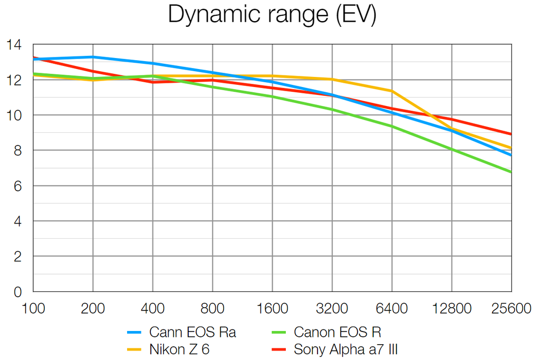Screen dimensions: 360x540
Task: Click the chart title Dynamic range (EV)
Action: click(x=272, y=15)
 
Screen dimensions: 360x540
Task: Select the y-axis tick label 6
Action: click(x=18, y=186)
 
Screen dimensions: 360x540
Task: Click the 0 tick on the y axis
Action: click(x=18, y=291)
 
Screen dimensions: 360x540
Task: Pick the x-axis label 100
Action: click(x=33, y=309)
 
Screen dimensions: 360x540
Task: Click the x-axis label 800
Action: click(x=213, y=309)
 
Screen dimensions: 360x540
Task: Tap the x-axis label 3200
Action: click(x=332, y=309)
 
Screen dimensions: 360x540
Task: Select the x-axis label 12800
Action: click(x=451, y=309)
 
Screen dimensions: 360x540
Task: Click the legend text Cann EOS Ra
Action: click(x=192, y=332)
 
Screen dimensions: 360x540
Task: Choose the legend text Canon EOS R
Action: click(x=337, y=332)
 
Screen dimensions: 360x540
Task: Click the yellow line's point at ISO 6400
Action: click(x=392, y=91)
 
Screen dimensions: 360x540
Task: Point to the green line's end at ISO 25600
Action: click(x=511, y=172)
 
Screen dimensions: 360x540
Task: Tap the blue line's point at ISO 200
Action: click(x=93, y=57)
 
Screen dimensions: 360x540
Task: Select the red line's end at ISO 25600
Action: click(x=511, y=134)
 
